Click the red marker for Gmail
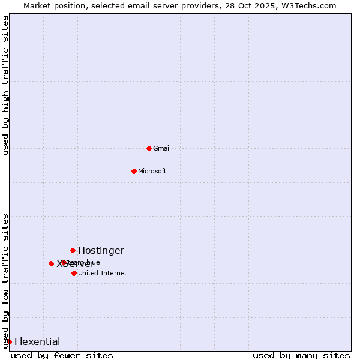pos(149,148)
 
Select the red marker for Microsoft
pos(134,171)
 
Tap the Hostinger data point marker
pos(73,250)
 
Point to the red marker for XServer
pos(51,263)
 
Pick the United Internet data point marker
pos(74,273)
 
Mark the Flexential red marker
pos(9,341)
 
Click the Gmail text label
pos(162,148)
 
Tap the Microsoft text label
pos(152,171)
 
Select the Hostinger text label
pos(101,250)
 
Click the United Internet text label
pos(103,273)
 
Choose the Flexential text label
pos(37,341)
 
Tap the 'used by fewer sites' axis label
pos(62,355)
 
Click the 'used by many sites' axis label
pos(301,355)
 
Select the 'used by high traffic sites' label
pos(5,85)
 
